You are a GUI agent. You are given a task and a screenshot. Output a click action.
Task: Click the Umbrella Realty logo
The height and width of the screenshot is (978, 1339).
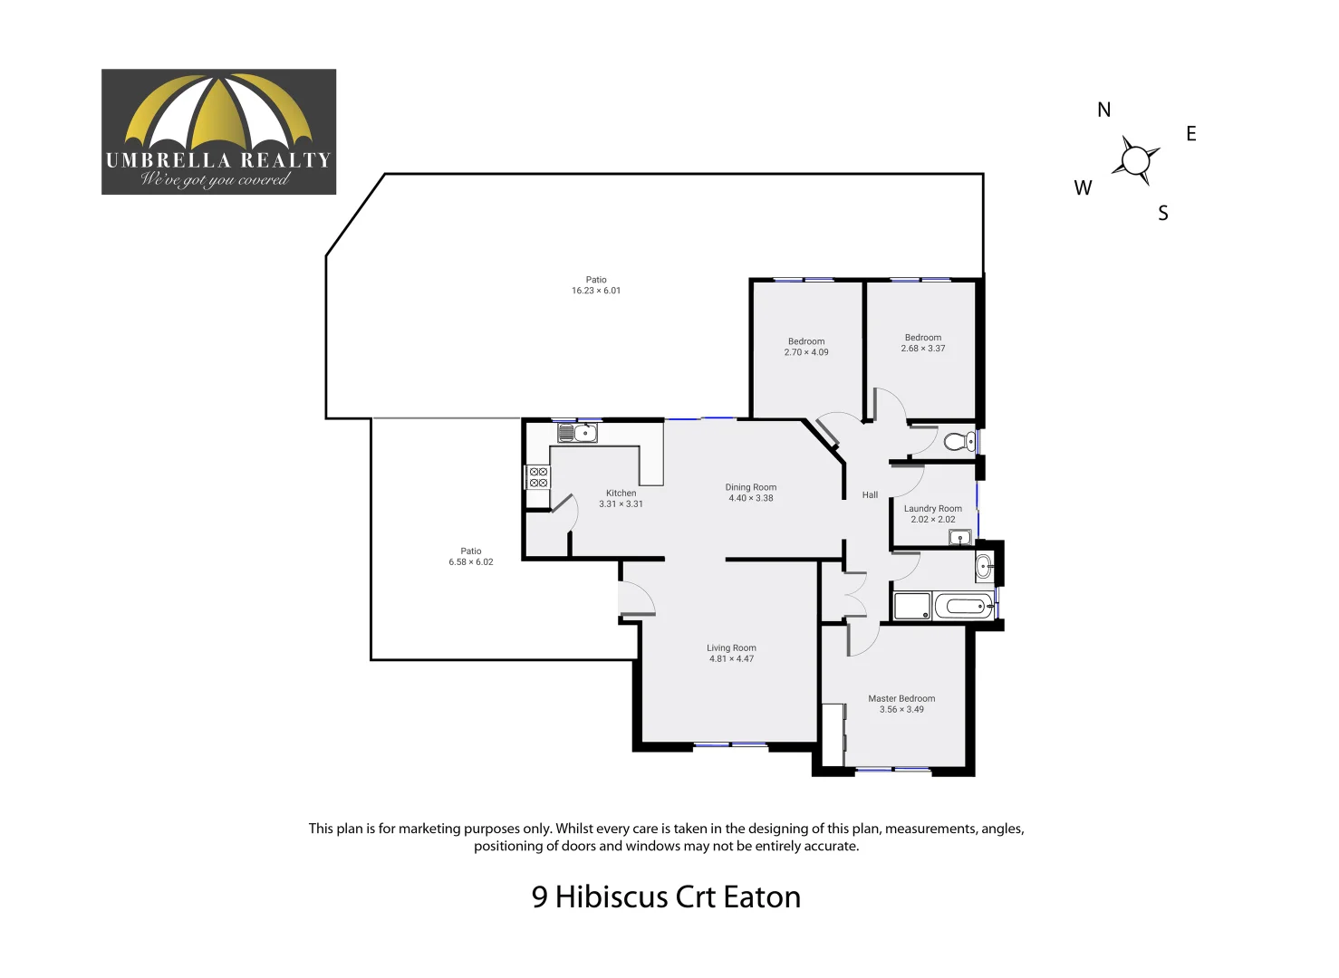click(x=218, y=131)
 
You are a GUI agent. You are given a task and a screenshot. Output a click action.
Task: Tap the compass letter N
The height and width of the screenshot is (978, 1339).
click(x=1103, y=110)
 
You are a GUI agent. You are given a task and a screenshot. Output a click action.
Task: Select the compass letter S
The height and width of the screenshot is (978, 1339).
click(x=1163, y=214)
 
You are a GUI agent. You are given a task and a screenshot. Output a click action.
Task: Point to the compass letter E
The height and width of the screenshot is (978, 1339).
click(x=1191, y=134)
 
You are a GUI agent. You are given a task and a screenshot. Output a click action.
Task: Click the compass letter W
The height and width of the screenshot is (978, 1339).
click(x=1083, y=188)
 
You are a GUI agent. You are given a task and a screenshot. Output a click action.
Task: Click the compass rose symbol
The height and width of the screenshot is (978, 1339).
click(x=1135, y=160)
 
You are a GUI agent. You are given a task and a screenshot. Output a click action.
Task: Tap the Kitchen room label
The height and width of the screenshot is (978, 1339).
click(x=621, y=499)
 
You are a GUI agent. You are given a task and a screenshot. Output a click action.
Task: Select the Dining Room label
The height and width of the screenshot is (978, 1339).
click(x=750, y=493)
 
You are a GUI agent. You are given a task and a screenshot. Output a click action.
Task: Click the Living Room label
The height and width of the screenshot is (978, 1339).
click(x=731, y=653)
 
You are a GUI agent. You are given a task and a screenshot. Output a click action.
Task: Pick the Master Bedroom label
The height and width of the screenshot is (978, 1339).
click(x=901, y=704)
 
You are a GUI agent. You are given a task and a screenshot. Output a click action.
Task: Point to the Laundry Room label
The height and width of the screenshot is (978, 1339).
click(x=932, y=513)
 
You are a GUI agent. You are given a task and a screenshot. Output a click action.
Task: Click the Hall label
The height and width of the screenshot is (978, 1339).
click(x=870, y=495)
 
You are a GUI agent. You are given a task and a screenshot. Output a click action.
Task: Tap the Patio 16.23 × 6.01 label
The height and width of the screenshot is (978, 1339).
click(x=596, y=285)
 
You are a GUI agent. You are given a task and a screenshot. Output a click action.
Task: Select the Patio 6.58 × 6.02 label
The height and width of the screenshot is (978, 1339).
click(x=471, y=556)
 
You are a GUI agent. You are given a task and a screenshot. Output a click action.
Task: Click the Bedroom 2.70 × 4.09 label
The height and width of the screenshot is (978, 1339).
click(x=806, y=347)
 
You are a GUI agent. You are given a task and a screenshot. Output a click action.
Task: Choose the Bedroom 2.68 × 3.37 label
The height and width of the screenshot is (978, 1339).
click(x=922, y=342)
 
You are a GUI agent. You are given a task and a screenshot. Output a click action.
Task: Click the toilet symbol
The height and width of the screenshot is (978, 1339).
click(x=958, y=442)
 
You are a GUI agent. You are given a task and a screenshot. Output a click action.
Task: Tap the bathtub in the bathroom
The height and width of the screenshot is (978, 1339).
click(x=964, y=607)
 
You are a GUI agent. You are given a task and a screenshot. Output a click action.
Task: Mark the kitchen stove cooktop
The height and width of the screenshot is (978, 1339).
click(x=538, y=477)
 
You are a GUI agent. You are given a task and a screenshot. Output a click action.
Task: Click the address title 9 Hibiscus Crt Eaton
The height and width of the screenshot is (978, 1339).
click(x=666, y=896)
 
